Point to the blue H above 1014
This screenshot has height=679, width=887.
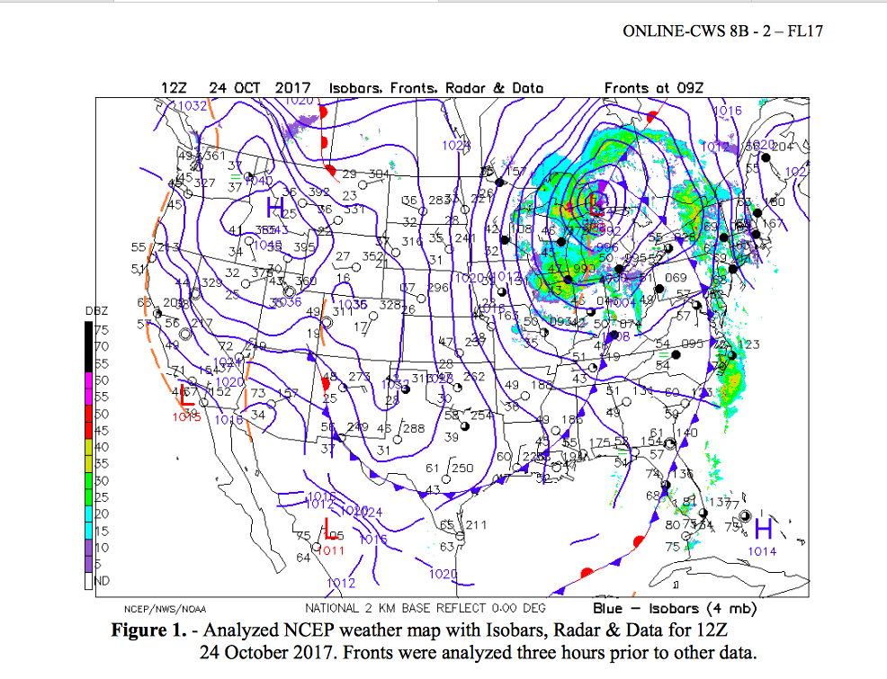[763, 528]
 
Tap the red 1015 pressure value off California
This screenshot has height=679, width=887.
[187, 415]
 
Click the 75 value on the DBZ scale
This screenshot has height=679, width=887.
[102, 329]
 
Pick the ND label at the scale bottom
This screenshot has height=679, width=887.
[102, 581]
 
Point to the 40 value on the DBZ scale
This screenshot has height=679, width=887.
[102, 447]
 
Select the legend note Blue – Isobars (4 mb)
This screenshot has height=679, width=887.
[663, 608]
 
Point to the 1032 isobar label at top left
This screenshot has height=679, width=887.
[192, 106]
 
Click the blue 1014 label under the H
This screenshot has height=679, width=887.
[762, 551]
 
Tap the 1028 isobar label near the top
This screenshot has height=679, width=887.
[456, 146]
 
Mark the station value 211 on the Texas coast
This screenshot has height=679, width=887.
[475, 525]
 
